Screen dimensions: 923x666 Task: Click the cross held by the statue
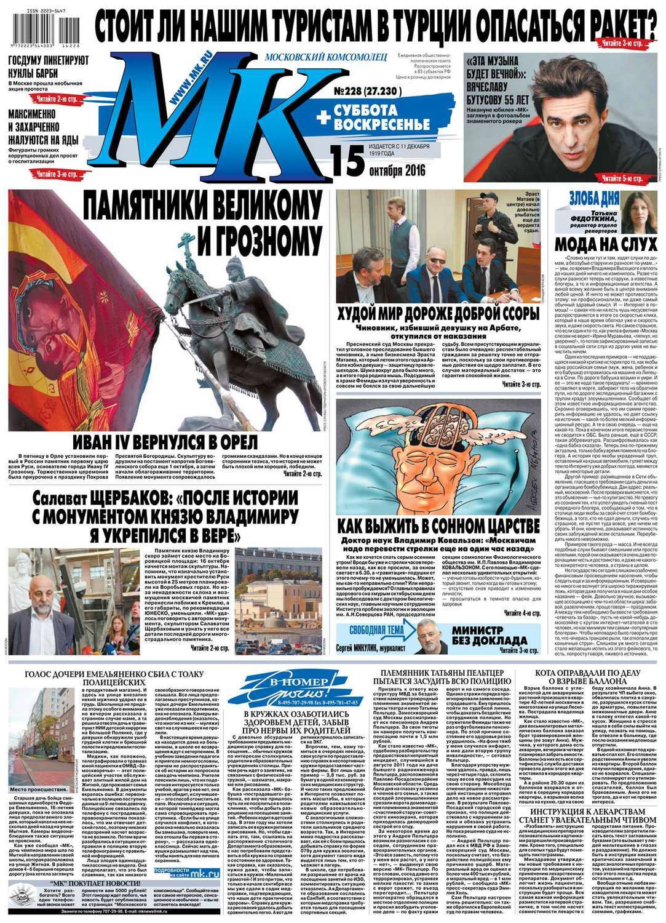(188, 244)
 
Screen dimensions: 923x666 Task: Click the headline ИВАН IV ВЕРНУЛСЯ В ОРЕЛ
(163, 442)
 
